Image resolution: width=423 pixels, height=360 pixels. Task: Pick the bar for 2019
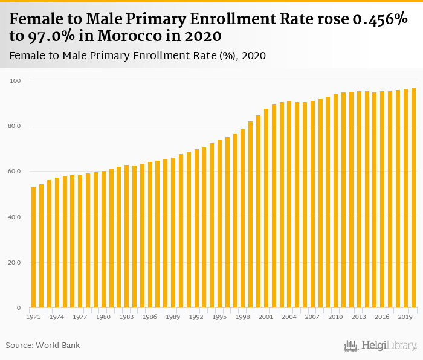click(405, 199)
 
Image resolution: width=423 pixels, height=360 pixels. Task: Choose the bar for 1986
click(150, 235)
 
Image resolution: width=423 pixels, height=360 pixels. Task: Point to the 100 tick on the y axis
click(16, 80)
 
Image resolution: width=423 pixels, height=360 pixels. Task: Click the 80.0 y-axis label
click(15, 126)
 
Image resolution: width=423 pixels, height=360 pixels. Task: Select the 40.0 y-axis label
click(15, 217)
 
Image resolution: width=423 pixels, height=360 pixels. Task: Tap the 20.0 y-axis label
click(15, 263)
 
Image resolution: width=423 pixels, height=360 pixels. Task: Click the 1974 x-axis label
click(57, 317)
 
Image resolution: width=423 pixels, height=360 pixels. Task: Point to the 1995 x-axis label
click(219, 317)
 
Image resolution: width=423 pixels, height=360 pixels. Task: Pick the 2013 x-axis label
click(359, 317)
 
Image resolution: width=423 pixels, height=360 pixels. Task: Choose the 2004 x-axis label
click(289, 317)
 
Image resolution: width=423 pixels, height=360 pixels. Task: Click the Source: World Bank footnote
click(43, 345)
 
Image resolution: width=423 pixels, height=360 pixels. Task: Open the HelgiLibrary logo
click(381, 346)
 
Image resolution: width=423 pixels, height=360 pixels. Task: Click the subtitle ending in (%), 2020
click(138, 56)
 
